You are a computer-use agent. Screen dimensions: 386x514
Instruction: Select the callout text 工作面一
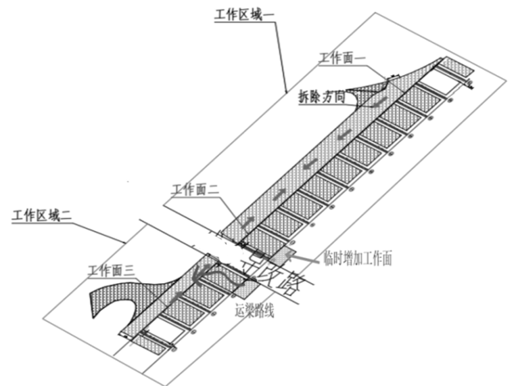coord(342,59)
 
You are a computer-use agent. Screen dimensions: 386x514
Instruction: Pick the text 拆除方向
coord(321,97)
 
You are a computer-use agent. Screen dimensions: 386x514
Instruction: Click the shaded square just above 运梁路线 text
coord(245,288)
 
